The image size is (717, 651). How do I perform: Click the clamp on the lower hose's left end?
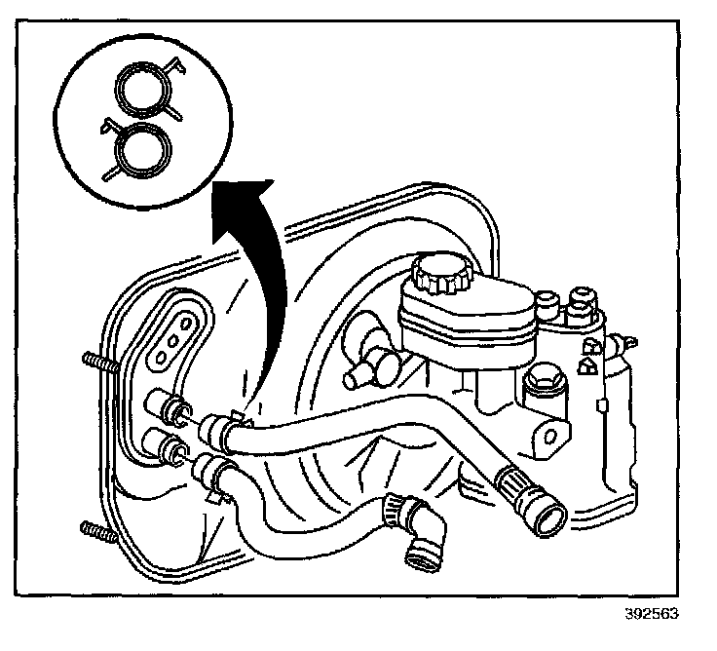pos(213,474)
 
